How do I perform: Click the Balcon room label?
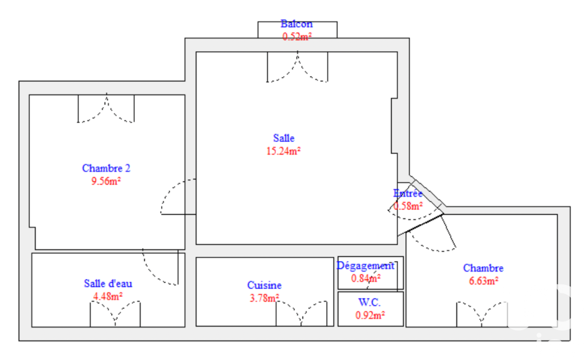(297, 24)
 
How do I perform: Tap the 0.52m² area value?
(297, 36)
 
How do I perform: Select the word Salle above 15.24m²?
(284, 138)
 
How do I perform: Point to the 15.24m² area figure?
(283, 151)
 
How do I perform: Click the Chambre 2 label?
(106, 168)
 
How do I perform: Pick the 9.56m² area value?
(106, 181)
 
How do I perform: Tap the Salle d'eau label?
(108, 283)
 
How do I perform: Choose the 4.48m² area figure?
(108, 296)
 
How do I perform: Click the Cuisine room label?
(264, 285)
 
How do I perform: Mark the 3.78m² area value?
(264, 298)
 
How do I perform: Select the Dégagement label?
(366, 265)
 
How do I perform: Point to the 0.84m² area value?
(366, 278)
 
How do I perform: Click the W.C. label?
(370, 302)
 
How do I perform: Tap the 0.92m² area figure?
(370, 315)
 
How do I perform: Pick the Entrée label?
(408, 193)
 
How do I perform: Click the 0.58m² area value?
(408, 206)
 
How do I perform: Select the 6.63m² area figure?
(483, 281)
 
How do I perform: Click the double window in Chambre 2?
(106, 108)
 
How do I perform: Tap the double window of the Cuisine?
(301, 313)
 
